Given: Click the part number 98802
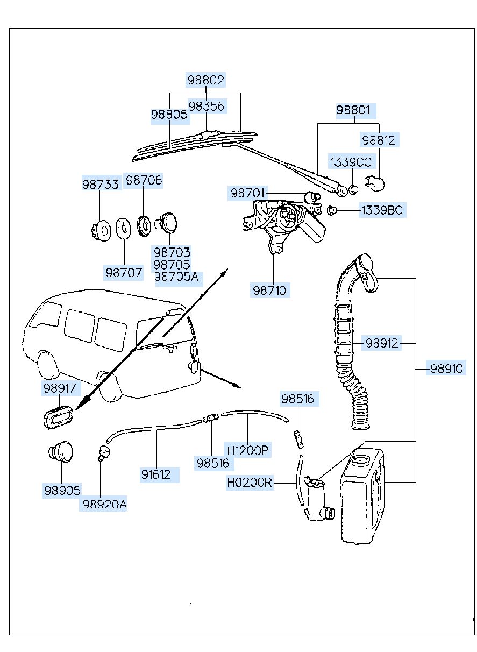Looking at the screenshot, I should pos(205,80).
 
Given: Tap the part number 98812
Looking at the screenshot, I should pos(379,140).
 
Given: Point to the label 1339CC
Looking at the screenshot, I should pos(351,161).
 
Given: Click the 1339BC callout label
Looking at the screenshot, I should pos(381,210).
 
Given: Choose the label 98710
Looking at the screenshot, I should pos(270,290).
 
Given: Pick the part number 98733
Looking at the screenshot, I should pos(100,184).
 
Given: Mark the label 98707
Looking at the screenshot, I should pos(124,273).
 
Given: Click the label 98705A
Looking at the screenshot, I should pos(176,277).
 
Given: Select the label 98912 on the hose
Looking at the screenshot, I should pos(382,343).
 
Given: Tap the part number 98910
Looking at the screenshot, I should pos(446,369).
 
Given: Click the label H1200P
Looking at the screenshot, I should pos(247,450).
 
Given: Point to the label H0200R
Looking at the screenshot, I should pos(250,483).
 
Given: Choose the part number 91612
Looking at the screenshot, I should pos(156,474).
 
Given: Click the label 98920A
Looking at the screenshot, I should pos(104,504).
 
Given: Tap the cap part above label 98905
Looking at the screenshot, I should pos(61,452).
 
